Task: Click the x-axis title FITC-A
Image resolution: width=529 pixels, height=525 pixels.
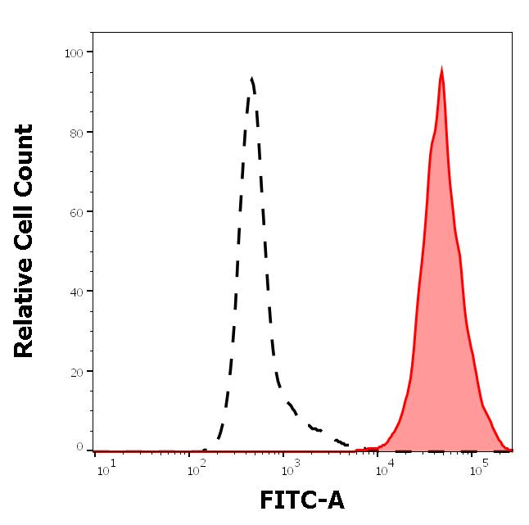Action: (301, 500)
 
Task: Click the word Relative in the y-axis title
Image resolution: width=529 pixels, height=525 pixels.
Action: (25, 312)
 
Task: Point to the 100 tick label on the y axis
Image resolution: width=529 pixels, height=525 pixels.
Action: (74, 52)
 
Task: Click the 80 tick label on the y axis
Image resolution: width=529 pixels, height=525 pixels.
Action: (77, 132)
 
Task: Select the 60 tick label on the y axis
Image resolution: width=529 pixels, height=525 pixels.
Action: (77, 212)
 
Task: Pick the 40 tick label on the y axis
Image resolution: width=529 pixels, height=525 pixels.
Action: (77, 292)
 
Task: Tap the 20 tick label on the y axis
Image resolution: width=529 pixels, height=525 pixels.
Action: (77, 372)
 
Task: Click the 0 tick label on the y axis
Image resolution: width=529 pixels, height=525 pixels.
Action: (80, 447)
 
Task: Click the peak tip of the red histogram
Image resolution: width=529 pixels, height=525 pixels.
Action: (441, 69)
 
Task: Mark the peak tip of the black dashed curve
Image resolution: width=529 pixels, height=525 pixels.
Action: (251, 79)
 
